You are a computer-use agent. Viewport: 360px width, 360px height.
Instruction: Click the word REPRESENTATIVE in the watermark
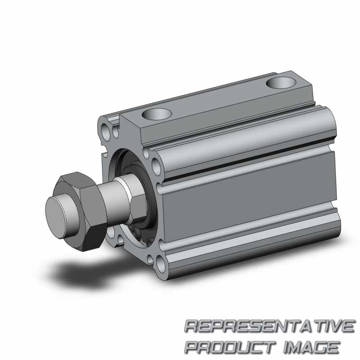(x=270, y=326)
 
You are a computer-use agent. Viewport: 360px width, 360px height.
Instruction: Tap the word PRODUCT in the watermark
(x=230, y=347)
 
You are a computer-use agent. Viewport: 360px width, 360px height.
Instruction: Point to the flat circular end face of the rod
(x=56, y=217)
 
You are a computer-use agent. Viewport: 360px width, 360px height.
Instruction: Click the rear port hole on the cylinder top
(x=280, y=83)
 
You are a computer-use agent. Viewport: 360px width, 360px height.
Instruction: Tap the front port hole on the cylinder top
(x=157, y=114)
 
